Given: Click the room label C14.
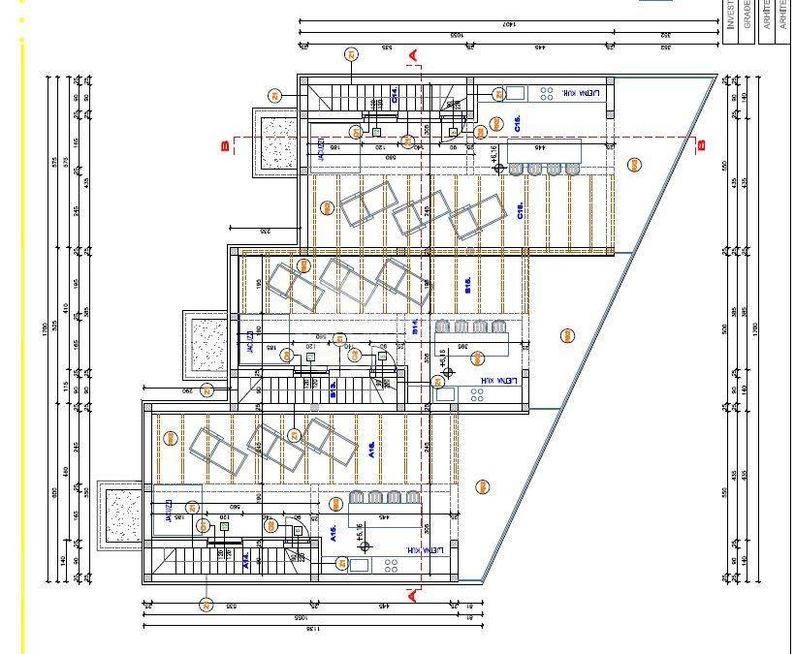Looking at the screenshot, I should [x=395, y=94].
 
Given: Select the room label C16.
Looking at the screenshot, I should [x=521, y=212].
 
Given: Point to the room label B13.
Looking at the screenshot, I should [x=333, y=389].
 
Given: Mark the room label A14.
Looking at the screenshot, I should [x=246, y=560].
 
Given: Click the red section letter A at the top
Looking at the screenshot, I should [x=414, y=56].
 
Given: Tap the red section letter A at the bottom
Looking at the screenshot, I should [x=414, y=594].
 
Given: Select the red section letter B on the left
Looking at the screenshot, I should [x=225, y=146].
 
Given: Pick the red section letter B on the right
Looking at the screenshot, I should [x=702, y=146].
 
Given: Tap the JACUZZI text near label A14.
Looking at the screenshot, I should [x=168, y=512].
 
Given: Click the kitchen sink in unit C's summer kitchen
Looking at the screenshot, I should [x=515, y=94].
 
